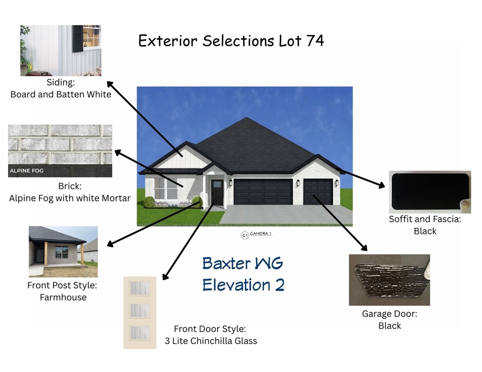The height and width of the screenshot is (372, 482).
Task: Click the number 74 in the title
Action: click(x=313, y=41)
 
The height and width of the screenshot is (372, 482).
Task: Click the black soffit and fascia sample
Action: click(x=429, y=191)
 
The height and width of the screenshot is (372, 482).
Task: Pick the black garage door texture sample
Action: click(x=389, y=279)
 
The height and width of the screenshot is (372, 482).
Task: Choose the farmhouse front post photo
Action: click(x=63, y=252)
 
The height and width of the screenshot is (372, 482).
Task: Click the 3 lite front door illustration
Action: click(x=140, y=312)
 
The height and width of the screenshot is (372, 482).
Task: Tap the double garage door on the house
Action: click(x=263, y=192)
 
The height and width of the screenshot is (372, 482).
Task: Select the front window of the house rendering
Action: click(x=165, y=189)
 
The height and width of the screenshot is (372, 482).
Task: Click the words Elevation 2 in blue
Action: click(x=243, y=285)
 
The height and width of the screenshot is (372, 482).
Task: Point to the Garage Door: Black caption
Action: click(x=389, y=320)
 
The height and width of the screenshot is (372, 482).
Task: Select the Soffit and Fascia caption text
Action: click(x=425, y=220)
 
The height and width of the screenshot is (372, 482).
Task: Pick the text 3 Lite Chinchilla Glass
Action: click(x=211, y=341)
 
